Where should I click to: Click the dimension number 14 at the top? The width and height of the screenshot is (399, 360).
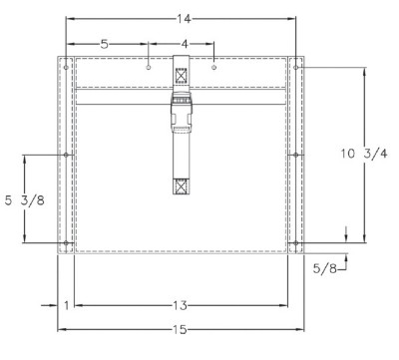[184, 19]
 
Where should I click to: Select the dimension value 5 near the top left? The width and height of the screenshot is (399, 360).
[105, 44]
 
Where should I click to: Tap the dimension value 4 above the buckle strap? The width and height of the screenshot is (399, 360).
[185, 44]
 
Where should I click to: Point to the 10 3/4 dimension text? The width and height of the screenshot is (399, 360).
[364, 154]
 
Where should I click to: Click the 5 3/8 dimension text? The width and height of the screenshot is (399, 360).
[25, 200]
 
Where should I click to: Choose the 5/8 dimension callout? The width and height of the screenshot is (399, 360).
[324, 268]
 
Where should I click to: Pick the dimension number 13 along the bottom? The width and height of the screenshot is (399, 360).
[181, 305]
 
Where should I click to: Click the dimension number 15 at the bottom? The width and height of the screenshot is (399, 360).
[181, 329]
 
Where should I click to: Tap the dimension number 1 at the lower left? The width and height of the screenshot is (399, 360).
[67, 305]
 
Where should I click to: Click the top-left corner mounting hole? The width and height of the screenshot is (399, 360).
[66, 68]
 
